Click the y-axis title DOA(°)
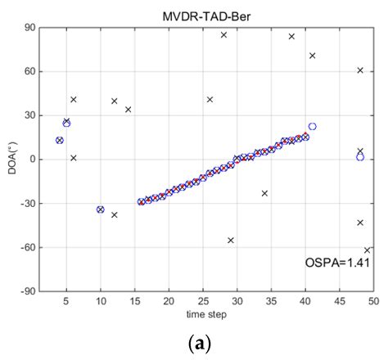pyautogui.click(x=11, y=160)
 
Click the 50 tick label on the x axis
pyautogui.click(x=373, y=300)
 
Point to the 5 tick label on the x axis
pyautogui.click(x=66, y=300)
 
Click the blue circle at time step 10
pyautogui.click(x=101, y=209)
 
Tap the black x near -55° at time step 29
pyautogui.click(x=231, y=240)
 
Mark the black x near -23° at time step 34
pyautogui.click(x=264, y=193)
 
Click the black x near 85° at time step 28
pyautogui.click(x=223, y=34)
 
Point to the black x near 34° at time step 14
pyautogui.click(x=128, y=110)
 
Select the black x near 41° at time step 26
pyautogui.click(x=210, y=99)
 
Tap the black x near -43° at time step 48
pyautogui.click(x=360, y=223)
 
